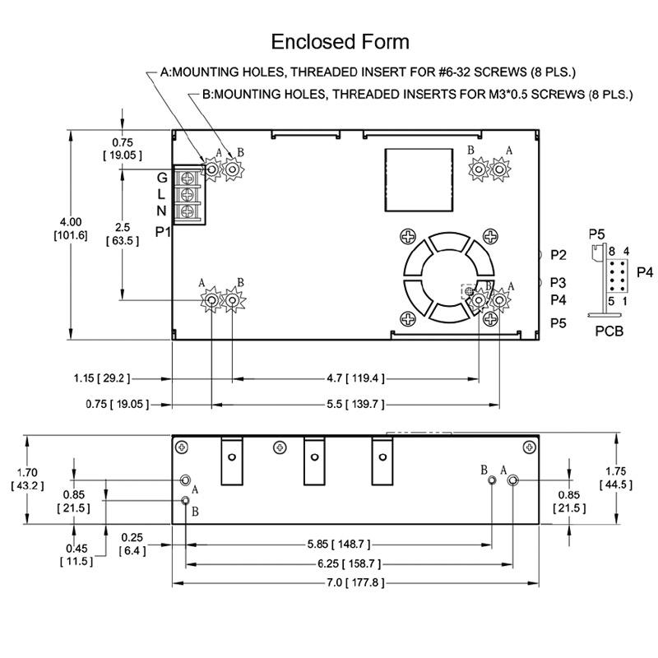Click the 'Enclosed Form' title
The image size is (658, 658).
(340, 42)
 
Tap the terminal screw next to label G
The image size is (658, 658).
(188, 178)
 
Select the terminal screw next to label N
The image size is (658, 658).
(188, 211)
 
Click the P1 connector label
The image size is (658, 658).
(162, 231)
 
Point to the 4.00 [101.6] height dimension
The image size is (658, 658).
(71, 229)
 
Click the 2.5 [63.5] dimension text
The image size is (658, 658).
(123, 234)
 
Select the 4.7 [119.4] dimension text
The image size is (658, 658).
(355, 378)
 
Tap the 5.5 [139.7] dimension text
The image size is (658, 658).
(355, 404)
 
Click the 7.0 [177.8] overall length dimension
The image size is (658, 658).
(355, 582)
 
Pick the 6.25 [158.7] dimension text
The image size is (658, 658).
(349, 563)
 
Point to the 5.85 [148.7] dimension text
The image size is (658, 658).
(339, 544)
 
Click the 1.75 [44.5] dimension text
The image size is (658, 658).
(615, 478)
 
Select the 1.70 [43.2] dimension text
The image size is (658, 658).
(27, 480)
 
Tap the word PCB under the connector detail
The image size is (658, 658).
(609, 331)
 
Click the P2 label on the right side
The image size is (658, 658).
(558, 255)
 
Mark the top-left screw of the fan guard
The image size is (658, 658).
(408, 237)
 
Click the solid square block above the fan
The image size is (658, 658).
(419, 179)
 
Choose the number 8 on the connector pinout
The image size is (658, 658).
(612, 252)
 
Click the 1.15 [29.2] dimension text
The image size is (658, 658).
(102, 378)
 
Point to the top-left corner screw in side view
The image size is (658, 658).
(181, 447)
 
